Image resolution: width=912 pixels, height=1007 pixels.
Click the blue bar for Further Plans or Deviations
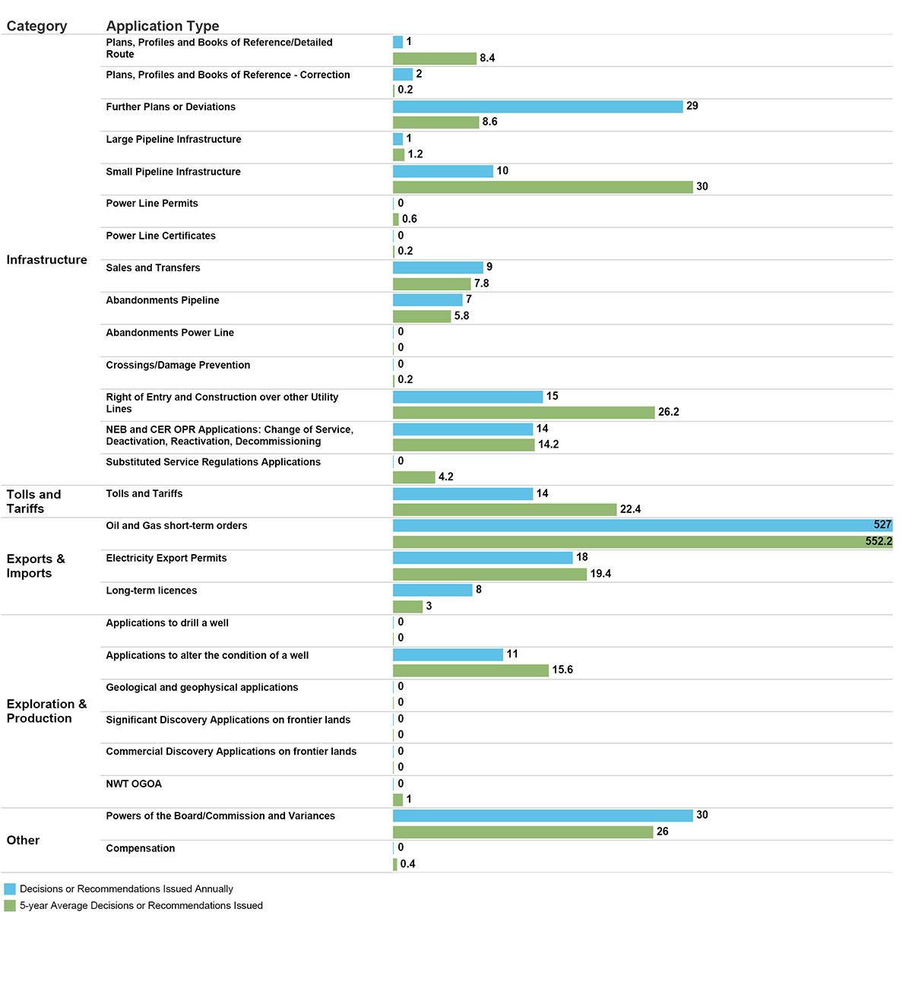(x=537, y=106)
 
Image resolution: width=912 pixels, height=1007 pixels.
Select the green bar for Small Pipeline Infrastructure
(x=543, y=187)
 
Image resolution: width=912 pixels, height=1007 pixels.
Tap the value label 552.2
(x=879, y=542)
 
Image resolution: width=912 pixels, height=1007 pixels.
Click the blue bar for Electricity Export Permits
(x=483, y=558)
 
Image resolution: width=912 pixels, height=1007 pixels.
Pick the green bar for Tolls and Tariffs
(x=505, y=510)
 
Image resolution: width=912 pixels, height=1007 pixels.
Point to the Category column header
(x=36, y=26)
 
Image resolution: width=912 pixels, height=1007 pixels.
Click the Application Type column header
(x=163, y=26)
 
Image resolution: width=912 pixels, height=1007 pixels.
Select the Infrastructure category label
(x=47, y=260)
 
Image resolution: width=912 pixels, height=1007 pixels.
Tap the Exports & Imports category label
(x=36, y=566)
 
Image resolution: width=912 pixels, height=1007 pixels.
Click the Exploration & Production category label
(x=46, y=711)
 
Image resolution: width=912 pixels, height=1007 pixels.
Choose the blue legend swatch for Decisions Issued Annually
(x=10, y=889)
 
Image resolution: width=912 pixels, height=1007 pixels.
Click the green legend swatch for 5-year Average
(x=10, y=906)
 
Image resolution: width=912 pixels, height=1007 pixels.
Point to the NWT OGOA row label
(x=134, y=784)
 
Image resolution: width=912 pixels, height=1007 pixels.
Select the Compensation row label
(x=141, y=849)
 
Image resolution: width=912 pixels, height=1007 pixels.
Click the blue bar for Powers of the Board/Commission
(x=543, y=815)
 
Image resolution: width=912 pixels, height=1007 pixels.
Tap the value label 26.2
(x=669, y=412)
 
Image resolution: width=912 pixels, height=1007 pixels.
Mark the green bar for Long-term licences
(x=407, y=606)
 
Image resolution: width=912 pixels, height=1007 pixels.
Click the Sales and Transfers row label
(x=153, y=268)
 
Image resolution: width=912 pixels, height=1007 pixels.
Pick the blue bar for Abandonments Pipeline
(x=427, y=300)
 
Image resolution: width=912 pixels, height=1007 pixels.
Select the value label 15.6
(x=562, y=670)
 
